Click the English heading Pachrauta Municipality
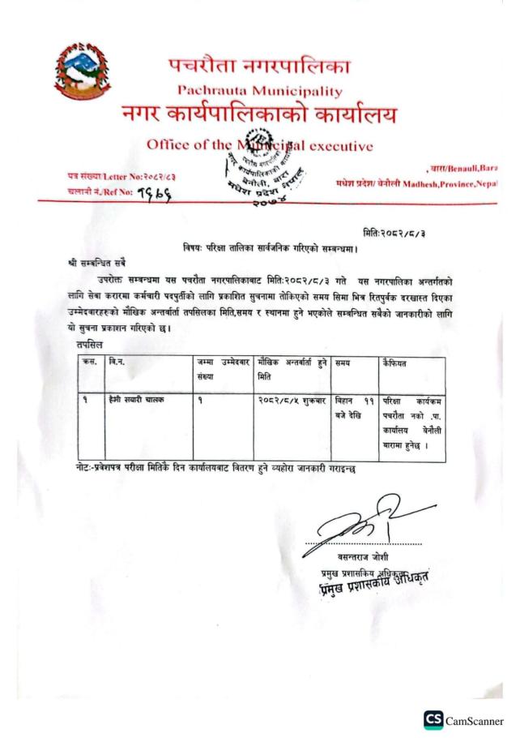[x=259, y=91]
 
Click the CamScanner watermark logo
[x=463, y=719]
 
